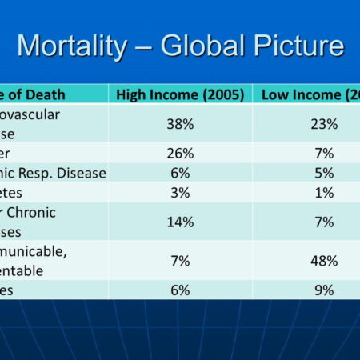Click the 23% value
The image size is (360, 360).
click(x=325, y=124)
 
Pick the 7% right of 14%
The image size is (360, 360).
click(x=325, y=222)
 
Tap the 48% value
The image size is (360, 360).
click(x=325, y=261)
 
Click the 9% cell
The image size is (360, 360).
click(x=325, y=290)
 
